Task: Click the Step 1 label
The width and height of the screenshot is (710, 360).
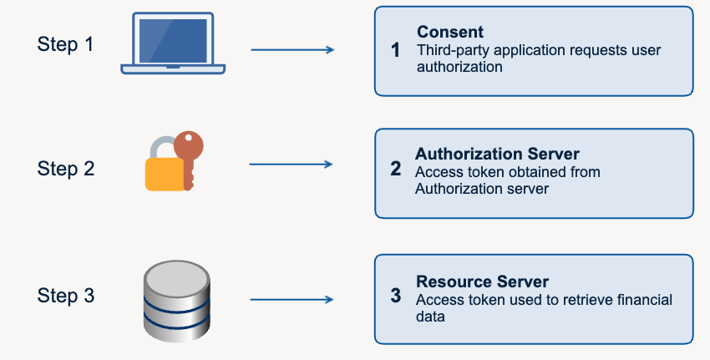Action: [65, 44]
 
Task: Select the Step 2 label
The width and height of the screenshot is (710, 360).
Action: [66, 169]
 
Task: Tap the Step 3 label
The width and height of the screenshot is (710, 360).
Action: [66, 295]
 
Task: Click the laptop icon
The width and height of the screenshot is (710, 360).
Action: [173, 43]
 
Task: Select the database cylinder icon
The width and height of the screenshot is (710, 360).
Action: [176, 301]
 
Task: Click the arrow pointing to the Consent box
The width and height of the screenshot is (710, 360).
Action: [292, 50]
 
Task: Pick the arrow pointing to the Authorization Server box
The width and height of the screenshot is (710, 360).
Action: [292, 164]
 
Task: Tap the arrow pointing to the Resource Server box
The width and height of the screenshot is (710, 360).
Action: [292, 299]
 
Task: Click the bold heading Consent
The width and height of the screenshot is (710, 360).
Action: [450, 32]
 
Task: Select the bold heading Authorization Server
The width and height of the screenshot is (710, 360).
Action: [497, 154]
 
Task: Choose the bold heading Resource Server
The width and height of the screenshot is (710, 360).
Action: [482, 281]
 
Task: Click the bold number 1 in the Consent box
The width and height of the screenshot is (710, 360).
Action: [395, 50]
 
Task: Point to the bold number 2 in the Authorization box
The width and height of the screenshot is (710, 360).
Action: [396, 169]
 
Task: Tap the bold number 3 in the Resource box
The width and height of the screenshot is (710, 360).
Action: [396, 296]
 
